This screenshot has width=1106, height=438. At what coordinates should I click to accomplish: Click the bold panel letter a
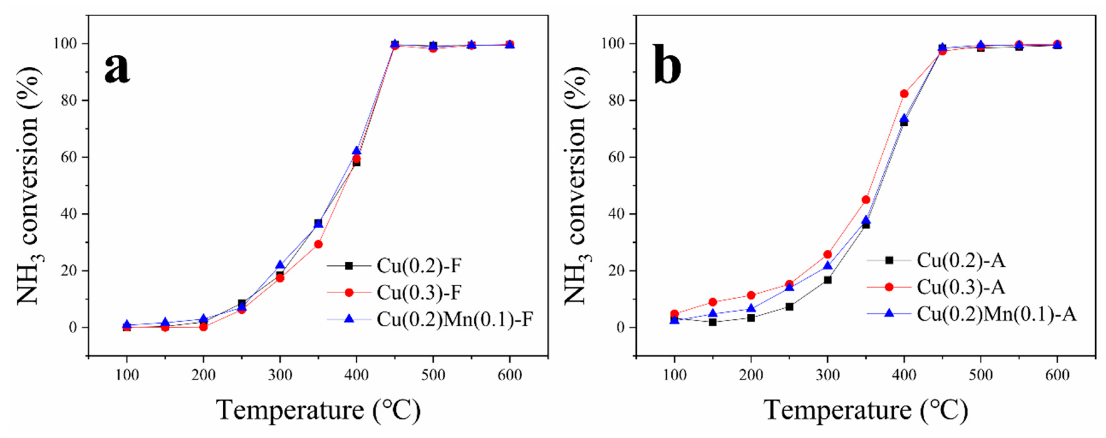(x=116, y=68)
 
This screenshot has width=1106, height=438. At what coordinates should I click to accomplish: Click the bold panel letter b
(x=666, y=65)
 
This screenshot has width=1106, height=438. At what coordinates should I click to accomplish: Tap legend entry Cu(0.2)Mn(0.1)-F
(x=454, y=319)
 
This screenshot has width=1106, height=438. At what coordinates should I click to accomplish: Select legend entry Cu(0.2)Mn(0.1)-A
(x=996, y=314)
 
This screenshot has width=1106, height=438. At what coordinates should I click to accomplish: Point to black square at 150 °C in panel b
(x=713, y=322)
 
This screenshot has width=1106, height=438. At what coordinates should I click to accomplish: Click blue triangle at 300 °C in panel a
(x=280, y=265)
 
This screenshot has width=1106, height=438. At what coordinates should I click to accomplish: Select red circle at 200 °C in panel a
(x=204, y=327)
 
